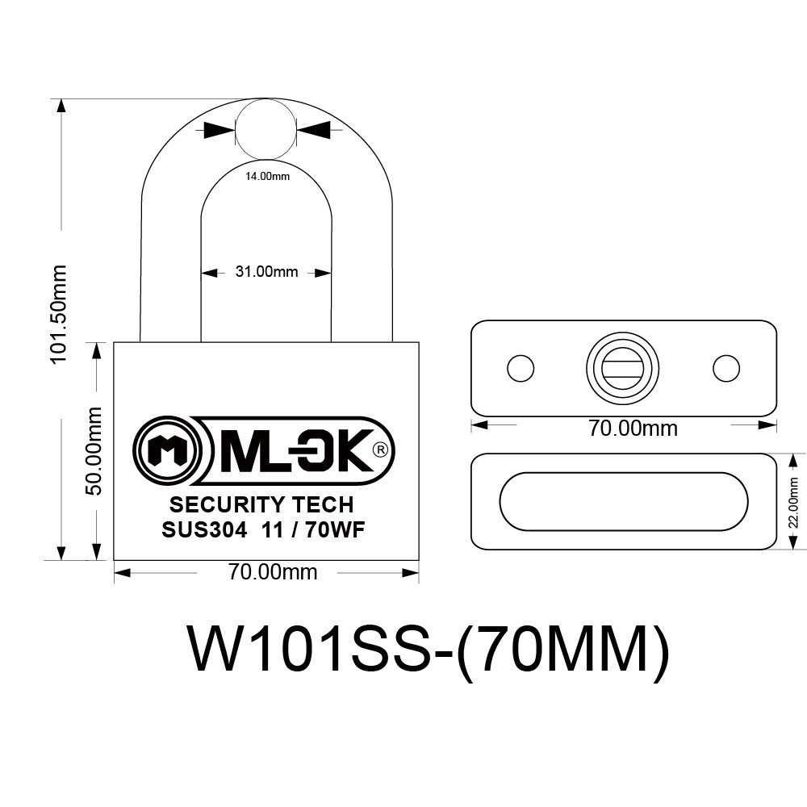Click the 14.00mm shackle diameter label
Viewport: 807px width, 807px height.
coord(267,177)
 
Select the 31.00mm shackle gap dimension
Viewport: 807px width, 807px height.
coord(266,271)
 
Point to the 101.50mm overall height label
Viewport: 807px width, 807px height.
coord(59,314)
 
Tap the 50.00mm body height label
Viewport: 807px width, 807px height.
coord(93,451)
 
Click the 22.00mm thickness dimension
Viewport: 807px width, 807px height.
coord(793,503)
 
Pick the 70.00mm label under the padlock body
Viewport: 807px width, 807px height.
coord(273,572)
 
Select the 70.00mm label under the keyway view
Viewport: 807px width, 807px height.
coord(633,429)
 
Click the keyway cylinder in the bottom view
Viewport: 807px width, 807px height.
coord(623,368)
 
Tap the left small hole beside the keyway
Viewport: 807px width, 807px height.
coord(521,368)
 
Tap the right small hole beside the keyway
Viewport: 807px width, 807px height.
coord(726,368)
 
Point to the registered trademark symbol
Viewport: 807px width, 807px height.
coord(381,449)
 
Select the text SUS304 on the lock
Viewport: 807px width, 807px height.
coord(204,530)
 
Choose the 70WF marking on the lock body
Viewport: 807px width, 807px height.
coord(335,530)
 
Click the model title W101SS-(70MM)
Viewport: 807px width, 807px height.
coord(430,649)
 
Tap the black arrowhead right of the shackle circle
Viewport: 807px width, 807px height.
coord(313,129)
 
